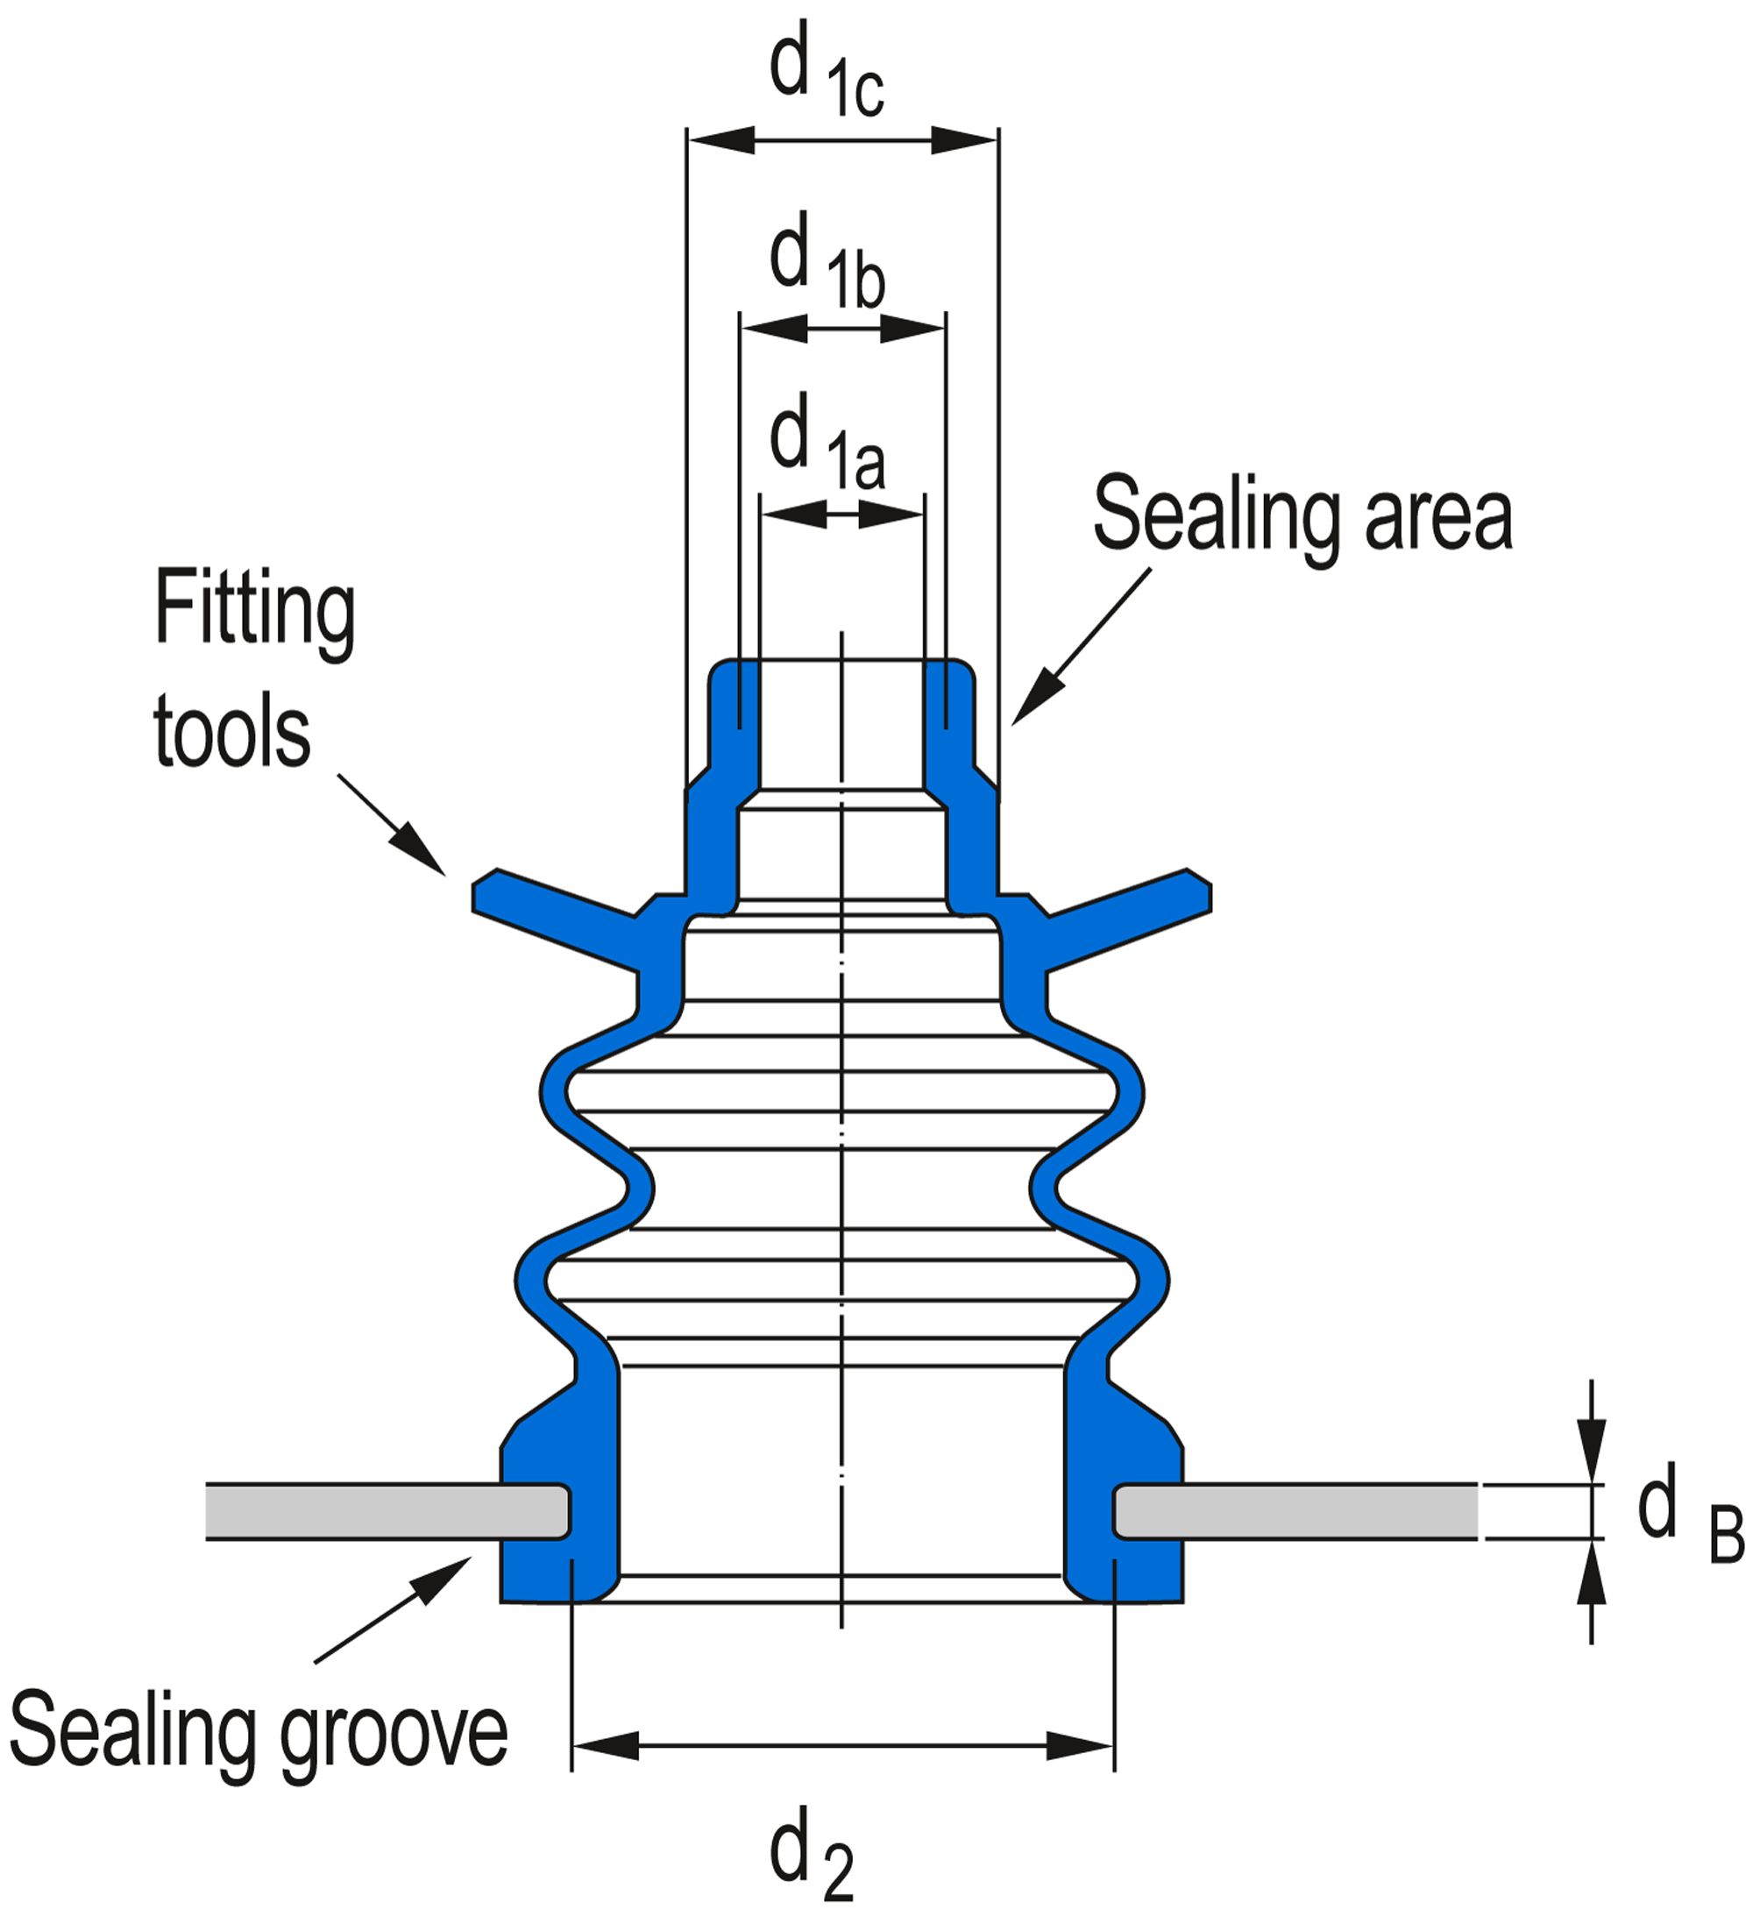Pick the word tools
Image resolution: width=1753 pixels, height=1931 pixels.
tap(231, 733)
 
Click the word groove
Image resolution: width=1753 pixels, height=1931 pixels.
tap(393, 1735)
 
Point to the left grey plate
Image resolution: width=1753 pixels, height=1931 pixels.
tap(383, 1511)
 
